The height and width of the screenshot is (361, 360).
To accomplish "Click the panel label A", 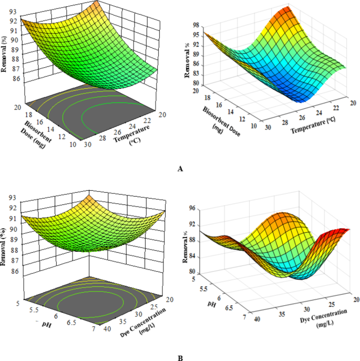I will coord(181,169).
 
